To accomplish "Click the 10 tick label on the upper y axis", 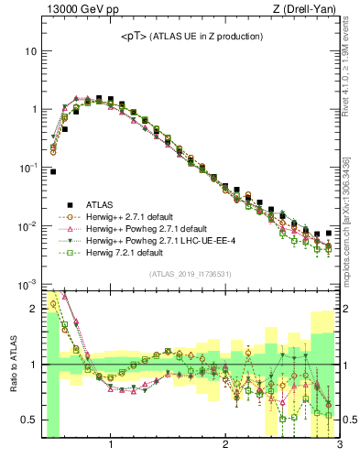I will coord(29,51).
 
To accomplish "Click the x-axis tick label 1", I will coord(111,446).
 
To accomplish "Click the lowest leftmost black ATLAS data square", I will coord(53,171).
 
